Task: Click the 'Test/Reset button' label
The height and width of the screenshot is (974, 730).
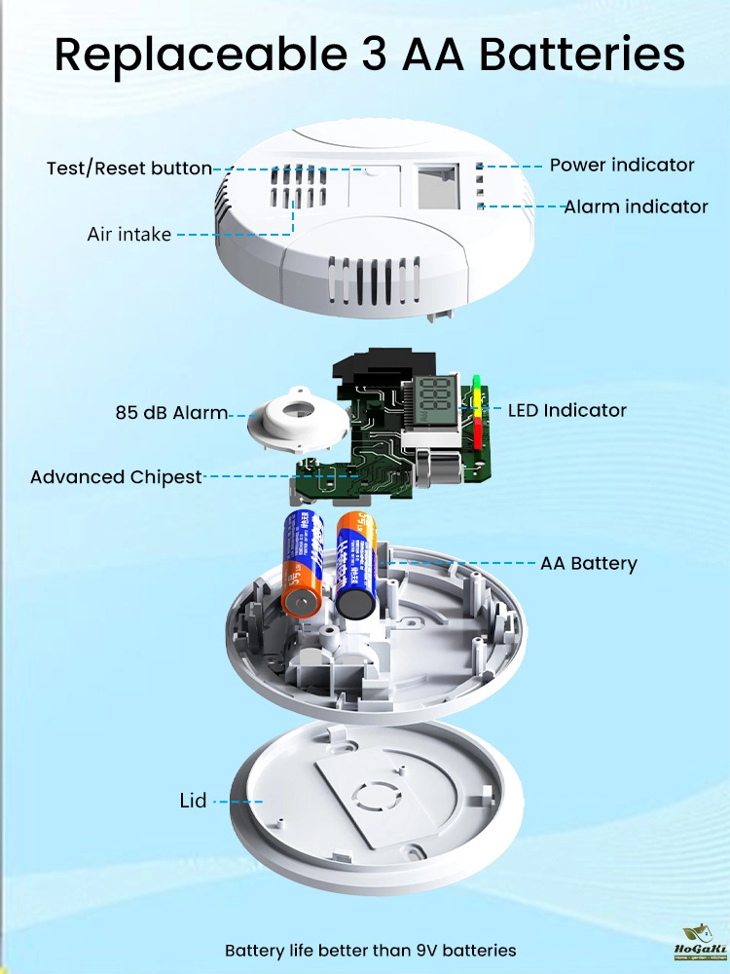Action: (x=129, y=169)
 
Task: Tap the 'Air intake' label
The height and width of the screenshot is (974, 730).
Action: (x=129, y=234)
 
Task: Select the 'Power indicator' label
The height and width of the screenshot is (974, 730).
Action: (x=622, y=165)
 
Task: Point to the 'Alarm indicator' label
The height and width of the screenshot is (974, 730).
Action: (x=636, y=206)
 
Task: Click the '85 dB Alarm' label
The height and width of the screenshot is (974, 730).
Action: (x=171, y=412)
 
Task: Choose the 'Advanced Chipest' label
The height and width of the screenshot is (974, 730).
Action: (x=116, y=477)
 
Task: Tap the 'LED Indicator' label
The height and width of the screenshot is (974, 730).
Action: (x=567, y=410)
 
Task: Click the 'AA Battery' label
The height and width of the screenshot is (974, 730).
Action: (x=589, y=563)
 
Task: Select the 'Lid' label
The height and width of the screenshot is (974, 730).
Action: (x=194, y=801)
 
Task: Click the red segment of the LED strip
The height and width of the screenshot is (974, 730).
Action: (x=478, y=435)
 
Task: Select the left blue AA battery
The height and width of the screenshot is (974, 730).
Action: (x=303, y=563)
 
